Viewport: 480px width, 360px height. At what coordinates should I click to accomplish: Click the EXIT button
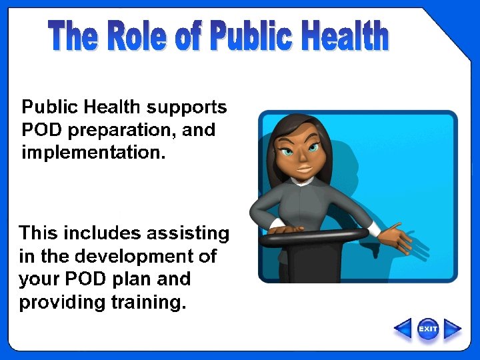[428, 329]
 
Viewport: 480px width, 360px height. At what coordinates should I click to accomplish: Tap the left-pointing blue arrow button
[403, 329]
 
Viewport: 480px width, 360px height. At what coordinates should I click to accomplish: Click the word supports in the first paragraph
[187, 107]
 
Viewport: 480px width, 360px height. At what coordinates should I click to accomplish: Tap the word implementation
[91, 153]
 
